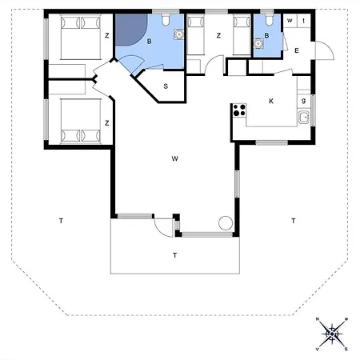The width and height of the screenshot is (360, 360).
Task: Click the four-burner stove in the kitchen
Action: click(238, 111)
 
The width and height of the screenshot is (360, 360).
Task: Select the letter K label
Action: click(271, 102)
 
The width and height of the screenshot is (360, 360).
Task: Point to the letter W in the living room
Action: click(174, 159)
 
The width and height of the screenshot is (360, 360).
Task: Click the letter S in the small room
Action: click(165, 86)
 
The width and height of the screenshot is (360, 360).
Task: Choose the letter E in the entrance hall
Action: click(296, 51)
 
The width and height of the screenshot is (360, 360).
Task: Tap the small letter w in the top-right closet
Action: click(290, 20)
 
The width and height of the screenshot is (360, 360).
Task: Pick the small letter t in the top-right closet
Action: click(304, 20)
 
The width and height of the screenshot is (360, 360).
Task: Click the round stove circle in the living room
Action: click(225, 222)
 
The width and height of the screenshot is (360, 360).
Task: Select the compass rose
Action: click(331, 334)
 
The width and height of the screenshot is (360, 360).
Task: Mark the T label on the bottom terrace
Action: click(174, 255)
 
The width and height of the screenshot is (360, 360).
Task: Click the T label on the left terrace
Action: click(59, 220)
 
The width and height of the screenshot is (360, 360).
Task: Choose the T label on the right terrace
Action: click(294, 220)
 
